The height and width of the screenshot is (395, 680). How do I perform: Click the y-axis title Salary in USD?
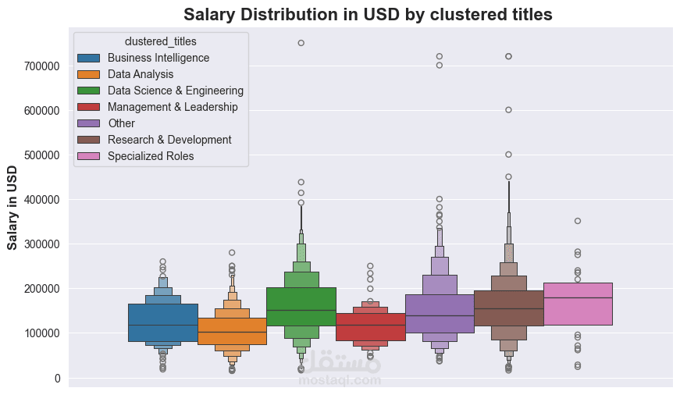pos(12,207)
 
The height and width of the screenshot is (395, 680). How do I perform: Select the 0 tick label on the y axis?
pos(56,379)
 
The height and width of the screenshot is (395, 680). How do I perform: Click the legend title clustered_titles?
pos(160,41)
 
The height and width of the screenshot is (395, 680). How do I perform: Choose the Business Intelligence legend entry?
pos(158,58)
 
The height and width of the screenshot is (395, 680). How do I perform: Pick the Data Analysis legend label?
pos(141,74)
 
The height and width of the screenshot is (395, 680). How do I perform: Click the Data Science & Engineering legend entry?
pos(176,91)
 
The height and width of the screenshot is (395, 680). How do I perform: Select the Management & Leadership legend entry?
pos(173,107)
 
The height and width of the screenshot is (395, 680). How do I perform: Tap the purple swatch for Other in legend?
pos(88,123)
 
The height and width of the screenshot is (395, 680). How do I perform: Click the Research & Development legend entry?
pos(169,140)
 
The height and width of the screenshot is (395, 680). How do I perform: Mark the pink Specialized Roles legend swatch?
pos(88,156)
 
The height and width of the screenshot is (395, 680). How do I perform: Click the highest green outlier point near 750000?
pos(301,43)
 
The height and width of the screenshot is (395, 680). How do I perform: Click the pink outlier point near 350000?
pos(578,221)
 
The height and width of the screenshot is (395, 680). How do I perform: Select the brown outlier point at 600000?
pos(508,110)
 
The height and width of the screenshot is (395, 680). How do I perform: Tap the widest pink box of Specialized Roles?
pos(578,304)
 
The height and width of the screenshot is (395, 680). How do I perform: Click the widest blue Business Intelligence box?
pos(163,322)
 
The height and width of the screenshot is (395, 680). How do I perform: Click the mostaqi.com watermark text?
pos(335,381)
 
